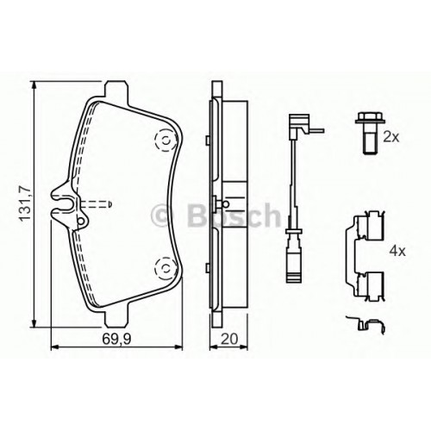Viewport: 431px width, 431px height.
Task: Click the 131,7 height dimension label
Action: pos(24,203)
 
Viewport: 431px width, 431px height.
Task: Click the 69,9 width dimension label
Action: pos(116,340)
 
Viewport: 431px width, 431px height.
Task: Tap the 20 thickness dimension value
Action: pos(229,340)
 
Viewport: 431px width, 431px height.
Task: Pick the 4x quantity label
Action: pos(397,252)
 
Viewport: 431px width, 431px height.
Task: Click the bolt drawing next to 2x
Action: pos(367,134)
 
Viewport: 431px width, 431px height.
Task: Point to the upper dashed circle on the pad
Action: pos(166,141)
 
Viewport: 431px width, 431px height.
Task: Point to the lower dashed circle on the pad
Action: pos(166,268)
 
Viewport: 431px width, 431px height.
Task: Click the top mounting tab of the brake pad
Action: pos(116,90)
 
